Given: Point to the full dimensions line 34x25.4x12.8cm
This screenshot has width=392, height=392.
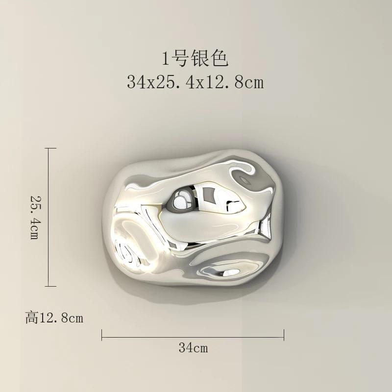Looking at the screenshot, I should point(195,82).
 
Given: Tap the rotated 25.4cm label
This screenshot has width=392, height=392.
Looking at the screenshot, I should point(35,217).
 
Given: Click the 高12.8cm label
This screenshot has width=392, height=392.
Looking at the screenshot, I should point(54,318).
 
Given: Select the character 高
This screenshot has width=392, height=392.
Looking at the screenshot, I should point(31,318).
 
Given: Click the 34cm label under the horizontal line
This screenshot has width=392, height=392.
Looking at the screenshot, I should point(193,348).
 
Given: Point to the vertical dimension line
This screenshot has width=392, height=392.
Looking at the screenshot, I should point(49,217).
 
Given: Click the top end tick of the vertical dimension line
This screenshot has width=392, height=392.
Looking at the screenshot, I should point(49,148).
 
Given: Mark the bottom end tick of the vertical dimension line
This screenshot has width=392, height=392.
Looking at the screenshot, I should point(49,286).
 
